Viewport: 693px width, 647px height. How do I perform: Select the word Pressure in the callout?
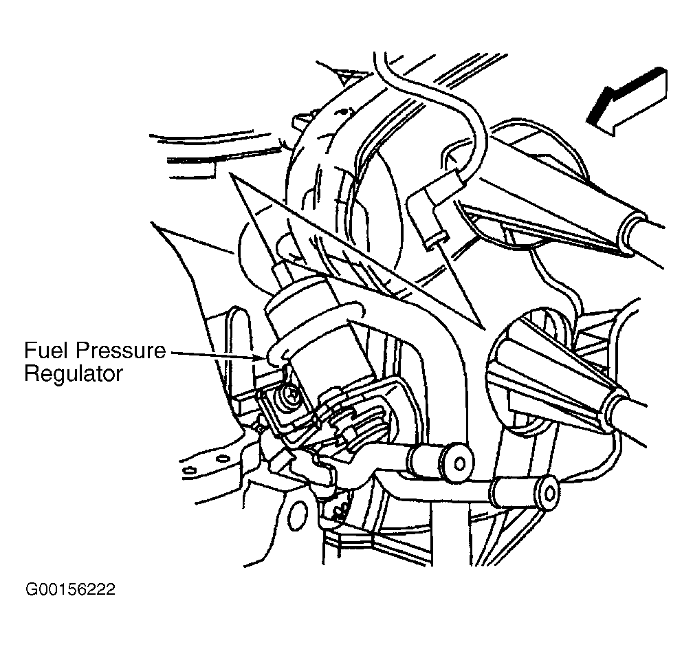(121, 351)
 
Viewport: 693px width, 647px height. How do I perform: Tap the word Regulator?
(74, 374)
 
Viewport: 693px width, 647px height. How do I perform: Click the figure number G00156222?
(70, 590)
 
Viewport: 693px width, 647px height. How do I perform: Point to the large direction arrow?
(627, 101)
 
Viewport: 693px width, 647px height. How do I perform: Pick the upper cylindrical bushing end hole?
(460, 463)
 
